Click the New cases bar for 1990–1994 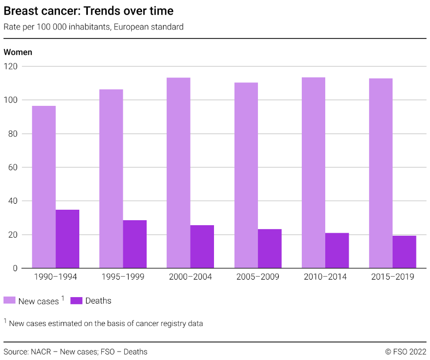tap(44, 187)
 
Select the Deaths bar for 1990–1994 tap(67, 239)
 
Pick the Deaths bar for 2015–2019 tap(404, 252)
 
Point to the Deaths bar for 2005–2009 tap(269, 249)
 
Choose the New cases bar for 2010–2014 tap(313, 173)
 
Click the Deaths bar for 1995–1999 tap(135, 244)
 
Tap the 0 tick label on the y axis tap(15, 269)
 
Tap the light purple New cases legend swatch tap(9, 300)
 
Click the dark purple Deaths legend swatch tap(76, 300)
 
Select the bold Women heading tap(18, 52)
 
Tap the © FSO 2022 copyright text tap(406, 352)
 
